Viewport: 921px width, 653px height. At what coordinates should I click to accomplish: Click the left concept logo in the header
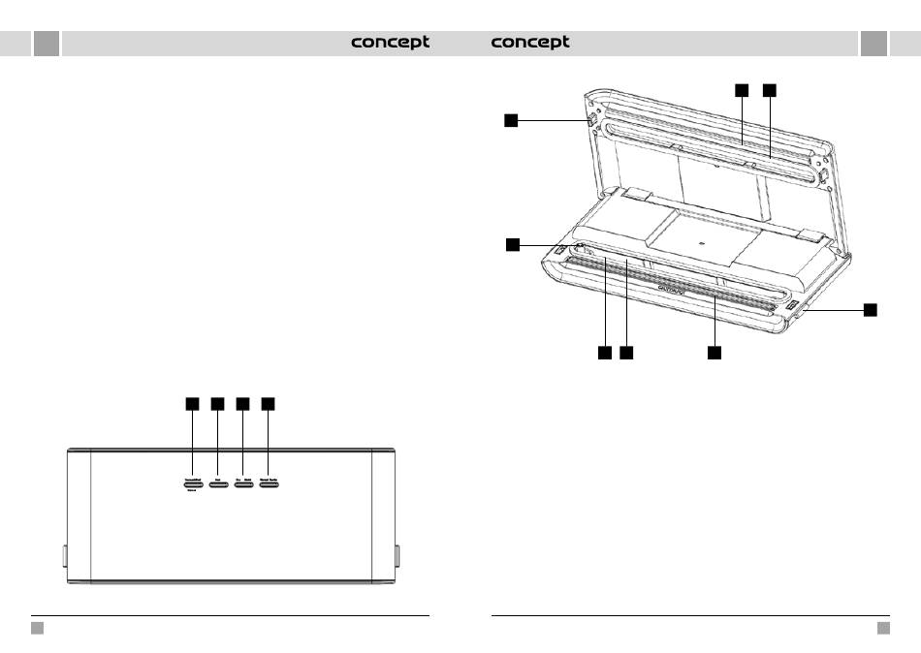[390, 43]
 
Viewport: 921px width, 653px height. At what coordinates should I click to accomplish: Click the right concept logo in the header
[530, 43]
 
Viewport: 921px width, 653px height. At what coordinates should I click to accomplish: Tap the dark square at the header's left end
[46, 43]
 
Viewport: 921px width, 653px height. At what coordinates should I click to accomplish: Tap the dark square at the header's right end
[873, 43]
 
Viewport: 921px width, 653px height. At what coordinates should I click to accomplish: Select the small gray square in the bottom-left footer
[37, 628]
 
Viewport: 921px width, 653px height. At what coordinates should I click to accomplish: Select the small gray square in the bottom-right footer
[883, 628]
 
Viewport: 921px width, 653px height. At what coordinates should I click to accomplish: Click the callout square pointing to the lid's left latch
[511, 120]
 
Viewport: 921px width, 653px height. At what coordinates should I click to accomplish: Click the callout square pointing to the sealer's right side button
[870, 309]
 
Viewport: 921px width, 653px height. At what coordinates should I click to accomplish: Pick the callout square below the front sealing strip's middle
[714, 354]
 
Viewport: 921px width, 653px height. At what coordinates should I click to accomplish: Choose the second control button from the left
[217, 482]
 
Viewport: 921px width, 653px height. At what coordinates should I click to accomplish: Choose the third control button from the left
[243, 482]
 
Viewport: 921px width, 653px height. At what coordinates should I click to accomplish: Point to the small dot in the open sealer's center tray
[701, 233]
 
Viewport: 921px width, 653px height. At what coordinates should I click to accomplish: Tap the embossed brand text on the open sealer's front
[671, 288]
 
